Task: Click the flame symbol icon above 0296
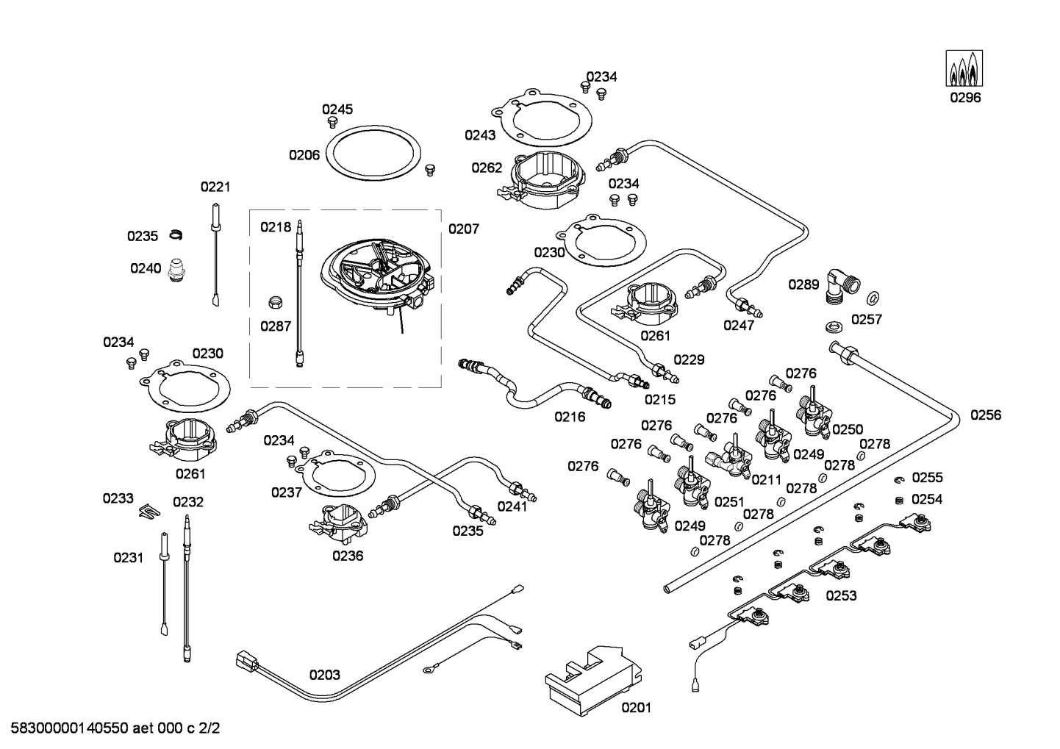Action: coord(964,68)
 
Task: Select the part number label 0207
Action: coord(463,229)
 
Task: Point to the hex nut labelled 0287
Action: coord(275,301)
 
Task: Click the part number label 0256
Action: coord(985,415)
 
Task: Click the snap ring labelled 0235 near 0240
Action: coord(175,234)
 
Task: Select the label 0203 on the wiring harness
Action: coord(324,675)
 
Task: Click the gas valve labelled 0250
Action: coord(812,414)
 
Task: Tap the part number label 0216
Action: coord(570,417)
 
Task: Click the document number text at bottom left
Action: coord(110,729)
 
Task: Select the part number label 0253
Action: coord(841,595)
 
